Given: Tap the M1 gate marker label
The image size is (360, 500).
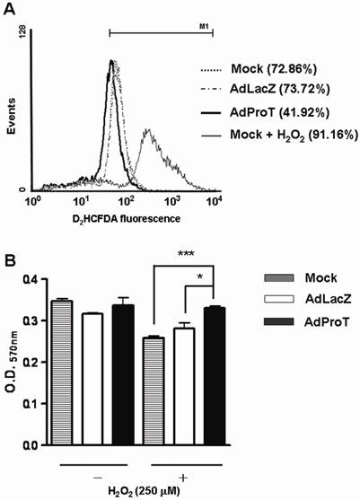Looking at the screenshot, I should pyautogui.click(x=204, y=27).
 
